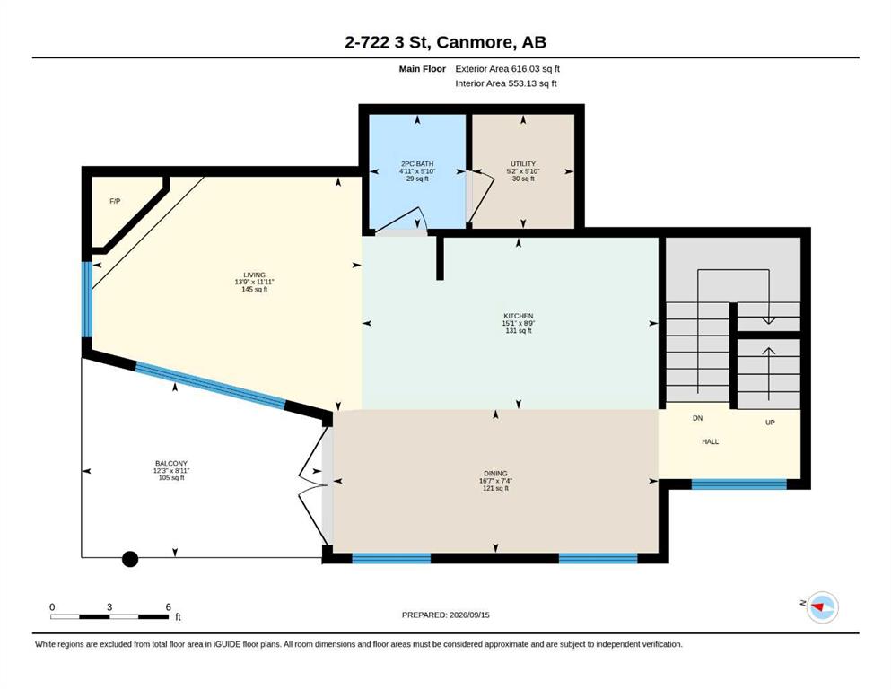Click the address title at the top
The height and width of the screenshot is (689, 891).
click(445, 42)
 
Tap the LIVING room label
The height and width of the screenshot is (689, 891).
click(254, 275)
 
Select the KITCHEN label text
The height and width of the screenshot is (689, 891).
click(519, 316)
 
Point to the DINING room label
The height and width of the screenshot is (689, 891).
click(495, 473)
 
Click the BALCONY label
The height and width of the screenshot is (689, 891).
click(171, 464)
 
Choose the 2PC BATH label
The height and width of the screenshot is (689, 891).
click(417, 163)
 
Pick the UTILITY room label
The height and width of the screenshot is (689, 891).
click(523, 163)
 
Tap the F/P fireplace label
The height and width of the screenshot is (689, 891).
click(115, 201)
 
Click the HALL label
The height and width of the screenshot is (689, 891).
click(710, 441)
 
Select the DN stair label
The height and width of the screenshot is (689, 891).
click(698, 418)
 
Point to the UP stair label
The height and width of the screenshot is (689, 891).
click(770, 423)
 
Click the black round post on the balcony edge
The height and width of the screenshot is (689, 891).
click(130, 559)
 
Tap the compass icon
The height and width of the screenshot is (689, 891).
click(822, 606)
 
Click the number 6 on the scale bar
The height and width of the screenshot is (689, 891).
click(168, 606)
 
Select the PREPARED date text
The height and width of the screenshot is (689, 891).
click(445, 615)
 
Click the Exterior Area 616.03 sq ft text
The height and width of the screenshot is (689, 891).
click(508, 69)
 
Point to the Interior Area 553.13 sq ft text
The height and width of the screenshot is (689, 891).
click(506, 83)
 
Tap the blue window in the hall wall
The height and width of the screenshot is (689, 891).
click(738, 484)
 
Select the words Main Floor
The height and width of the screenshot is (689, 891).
click(423, 69)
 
